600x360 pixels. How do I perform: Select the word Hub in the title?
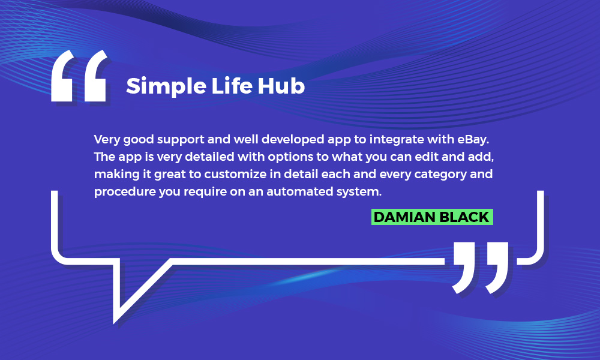281,86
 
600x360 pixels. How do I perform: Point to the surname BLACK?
464,217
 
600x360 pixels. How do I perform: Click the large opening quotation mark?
79,76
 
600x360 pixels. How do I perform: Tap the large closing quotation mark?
481,268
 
